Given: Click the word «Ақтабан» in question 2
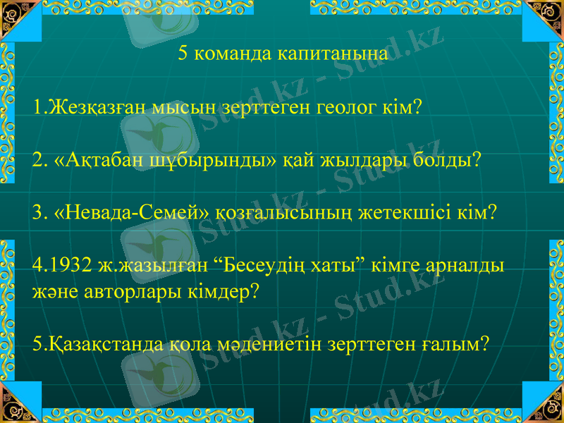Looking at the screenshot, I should pos(93,160).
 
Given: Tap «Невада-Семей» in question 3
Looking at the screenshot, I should pos(111,212).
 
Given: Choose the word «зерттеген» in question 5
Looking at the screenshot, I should pos(376,343).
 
